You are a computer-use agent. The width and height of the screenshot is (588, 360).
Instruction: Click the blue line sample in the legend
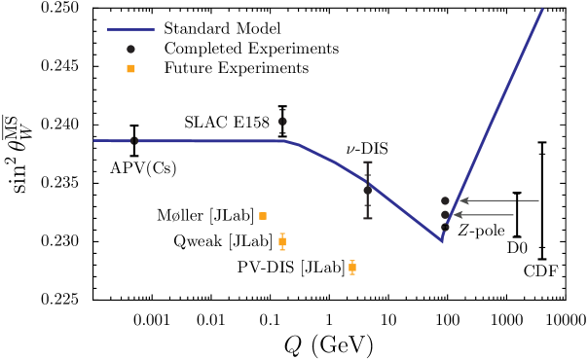click(130, 29)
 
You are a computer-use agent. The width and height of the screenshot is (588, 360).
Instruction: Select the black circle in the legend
click(130, 49)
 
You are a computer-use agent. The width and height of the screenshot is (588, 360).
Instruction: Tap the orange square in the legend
click(130, 68)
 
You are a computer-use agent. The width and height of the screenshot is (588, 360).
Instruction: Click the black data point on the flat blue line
click(134, 141)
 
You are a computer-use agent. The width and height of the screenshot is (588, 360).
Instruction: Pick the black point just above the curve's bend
click(282, 122)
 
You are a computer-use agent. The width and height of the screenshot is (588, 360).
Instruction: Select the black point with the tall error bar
click(368, 190)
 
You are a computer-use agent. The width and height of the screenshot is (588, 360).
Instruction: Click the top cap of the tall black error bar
click(368, 162)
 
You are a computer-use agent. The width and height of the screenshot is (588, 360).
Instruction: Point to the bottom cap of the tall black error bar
click(368, 218)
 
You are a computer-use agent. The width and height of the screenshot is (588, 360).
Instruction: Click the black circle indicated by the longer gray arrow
click(446, 200)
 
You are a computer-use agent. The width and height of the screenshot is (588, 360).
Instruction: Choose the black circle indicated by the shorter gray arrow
click(445, 215)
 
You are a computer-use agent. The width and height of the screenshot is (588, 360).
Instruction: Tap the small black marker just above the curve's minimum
click(445, 228)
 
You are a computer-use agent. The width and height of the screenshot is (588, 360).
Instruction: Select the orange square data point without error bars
click(263, 216)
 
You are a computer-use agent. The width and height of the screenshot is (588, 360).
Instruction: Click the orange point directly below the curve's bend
click(282, 241)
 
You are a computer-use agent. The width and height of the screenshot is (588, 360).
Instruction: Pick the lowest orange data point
click(352, 268)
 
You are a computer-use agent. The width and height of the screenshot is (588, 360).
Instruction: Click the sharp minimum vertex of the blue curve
click(442, 240)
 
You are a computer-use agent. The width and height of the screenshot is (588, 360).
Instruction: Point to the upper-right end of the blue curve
click(542, 10)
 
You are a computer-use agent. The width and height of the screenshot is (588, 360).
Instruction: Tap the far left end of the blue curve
click(94, 140)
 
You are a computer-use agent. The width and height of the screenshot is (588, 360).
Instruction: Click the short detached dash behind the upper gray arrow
click(529, 200)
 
